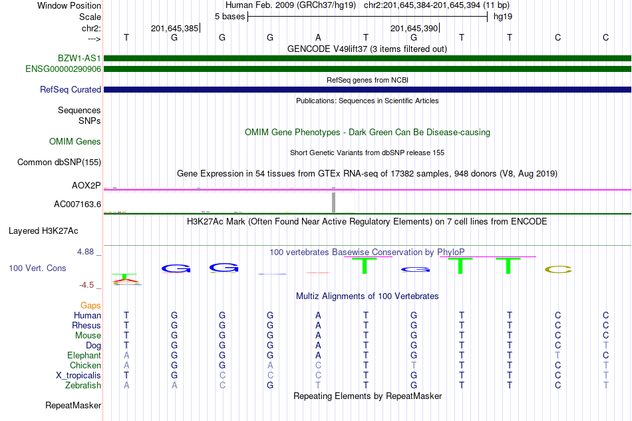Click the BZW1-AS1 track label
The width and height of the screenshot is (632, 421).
click(x=79, y=58)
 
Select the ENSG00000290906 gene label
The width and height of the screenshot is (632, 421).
click(x=63, y=69)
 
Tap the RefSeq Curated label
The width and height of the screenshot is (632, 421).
click(x=70, y=90)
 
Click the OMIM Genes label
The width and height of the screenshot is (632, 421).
click(x=75, y=142)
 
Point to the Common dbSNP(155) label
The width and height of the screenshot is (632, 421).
click(x=59, y=163)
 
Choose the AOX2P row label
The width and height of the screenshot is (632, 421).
click(x=86, y=185)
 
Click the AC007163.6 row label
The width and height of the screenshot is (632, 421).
click(x=77, y=205)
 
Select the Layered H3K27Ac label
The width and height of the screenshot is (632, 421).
click(x=43, y=231)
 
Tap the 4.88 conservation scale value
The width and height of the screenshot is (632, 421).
click(x=85, y=252)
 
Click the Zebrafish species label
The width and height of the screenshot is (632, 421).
click(x=83, y=386)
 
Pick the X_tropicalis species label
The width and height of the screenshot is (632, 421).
click(x=79, y=376)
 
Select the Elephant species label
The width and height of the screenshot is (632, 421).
click(x=84, y=356)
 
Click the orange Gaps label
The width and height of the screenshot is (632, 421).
click(x=90, y=306)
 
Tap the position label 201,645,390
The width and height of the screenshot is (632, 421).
click(x=414, y=28)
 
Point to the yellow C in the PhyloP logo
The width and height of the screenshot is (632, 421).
click(x=558, y=269)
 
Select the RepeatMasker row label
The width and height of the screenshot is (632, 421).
click(x=73, y=405)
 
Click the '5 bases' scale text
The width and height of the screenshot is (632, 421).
click(x=230, y=17)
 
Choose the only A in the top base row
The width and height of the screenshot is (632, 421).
click(x=318, y=37)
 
